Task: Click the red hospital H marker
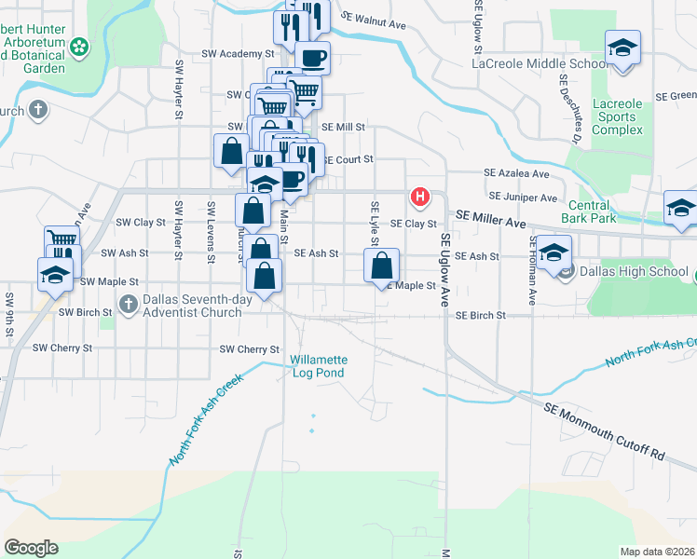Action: [421, 197]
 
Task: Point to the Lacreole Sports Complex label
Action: [612, 116]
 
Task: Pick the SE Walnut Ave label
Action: [374, 18]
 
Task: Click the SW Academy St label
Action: [238, 54]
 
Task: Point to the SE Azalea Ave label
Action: [516, 173]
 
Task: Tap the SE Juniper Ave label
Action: [523, 198]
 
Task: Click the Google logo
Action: [31, 548]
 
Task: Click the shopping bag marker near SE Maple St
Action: [382, 266]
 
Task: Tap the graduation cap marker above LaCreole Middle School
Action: [622, 47]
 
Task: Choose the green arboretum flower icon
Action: [79, 46]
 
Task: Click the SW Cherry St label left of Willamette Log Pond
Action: [249, 349]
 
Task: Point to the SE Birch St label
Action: [480, 316]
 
